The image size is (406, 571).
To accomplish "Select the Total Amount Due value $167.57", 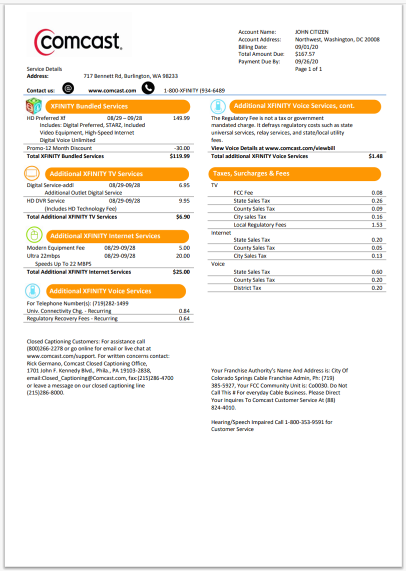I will tap(305, 54).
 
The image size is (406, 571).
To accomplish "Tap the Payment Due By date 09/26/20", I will tap(307, 62).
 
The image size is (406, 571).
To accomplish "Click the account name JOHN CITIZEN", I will tap(312, 32).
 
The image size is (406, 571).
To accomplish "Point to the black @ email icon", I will tap(69, 89).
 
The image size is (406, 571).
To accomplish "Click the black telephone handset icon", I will tap(148, 89).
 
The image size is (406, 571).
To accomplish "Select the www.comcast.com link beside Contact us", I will tap(112, 91).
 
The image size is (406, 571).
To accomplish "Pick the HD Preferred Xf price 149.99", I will tap(181, 118).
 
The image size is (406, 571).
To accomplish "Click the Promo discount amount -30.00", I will tap(182, 148).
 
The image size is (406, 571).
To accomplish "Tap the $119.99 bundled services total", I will tap(180, 156).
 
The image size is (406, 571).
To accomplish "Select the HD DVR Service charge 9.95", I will tap(184, 201).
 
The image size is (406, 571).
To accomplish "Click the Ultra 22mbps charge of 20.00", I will tap(183, 256).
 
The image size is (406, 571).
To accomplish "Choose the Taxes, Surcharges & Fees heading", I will tap(251, 173).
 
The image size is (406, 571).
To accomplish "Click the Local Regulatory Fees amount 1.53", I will tap(377, 225).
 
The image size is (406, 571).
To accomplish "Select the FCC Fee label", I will tap(243, 193).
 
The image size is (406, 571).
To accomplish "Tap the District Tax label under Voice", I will tap(247, 288).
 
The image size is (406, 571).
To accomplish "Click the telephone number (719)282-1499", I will tap(111, 303).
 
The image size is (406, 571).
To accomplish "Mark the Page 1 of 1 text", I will tap(309, 69).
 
